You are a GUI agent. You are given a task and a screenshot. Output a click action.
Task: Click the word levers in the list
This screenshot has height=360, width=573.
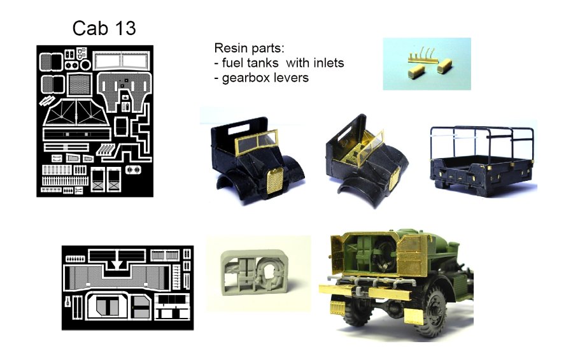click(x=292, y=78)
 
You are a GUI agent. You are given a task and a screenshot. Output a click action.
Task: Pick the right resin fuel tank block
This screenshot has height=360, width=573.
click(x=444, y=66)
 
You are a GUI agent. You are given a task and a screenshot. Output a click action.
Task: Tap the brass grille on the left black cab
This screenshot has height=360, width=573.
click(x=275, y=181)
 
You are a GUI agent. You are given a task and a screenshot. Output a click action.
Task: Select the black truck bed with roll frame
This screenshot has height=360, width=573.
click(x=483, y=160)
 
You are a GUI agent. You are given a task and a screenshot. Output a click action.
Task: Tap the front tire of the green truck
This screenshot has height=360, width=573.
click(x=433, y=312)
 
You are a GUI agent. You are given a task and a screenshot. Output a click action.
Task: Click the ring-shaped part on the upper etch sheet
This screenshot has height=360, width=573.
click(x=85, y=65)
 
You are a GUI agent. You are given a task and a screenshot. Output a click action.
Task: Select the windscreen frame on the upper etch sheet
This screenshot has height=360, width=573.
click(x=122, y=61)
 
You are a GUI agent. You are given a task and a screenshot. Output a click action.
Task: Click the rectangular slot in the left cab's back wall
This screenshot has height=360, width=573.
click(x=239, y=129)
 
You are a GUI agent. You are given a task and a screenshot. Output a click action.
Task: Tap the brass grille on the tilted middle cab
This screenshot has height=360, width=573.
click(x=393, y=179)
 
